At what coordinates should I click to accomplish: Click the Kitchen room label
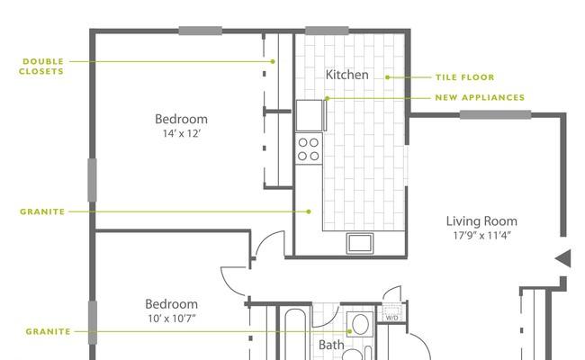(346, 75)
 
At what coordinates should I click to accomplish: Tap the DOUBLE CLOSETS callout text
(42, 66)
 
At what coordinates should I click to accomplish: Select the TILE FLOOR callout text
(465, 77)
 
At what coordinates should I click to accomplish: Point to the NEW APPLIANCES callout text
(480, 98)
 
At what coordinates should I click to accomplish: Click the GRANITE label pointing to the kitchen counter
(42, 211)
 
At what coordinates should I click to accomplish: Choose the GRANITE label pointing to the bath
(48, 331)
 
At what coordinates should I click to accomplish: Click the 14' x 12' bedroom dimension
(181, 134)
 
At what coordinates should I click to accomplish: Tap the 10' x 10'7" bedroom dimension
(171, 319)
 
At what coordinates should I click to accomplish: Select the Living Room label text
(481, 220)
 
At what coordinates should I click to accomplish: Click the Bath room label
(331, 345)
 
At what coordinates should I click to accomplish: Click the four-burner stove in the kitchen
(309, 148)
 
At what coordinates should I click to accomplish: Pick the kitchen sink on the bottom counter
(360, 243)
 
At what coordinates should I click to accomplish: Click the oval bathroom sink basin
(359, 325)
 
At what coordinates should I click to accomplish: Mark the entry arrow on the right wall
(562, 259)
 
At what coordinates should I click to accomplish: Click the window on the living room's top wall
(495, 114)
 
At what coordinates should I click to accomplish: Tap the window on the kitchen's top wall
(327, 31)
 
